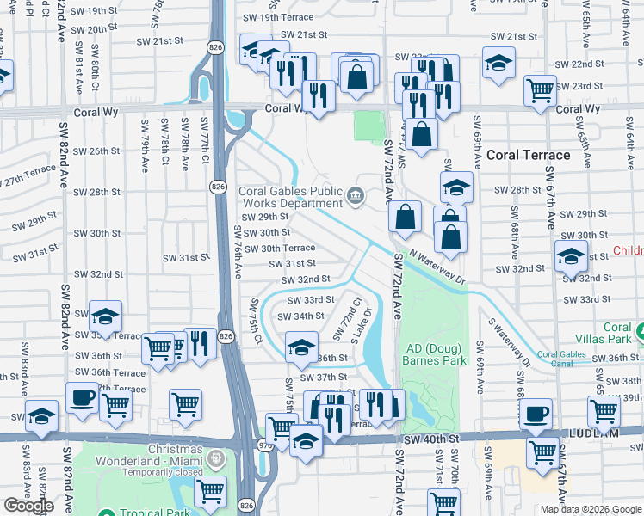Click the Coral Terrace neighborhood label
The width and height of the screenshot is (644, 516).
coord(528,155)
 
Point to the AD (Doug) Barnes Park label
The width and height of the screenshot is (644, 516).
coord(433,354)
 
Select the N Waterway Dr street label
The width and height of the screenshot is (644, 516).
coord(437,267)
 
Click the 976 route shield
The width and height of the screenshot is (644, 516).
coord(265,445)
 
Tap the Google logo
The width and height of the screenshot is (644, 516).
coord(28,506)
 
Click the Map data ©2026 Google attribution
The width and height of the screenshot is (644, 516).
coord(590,509)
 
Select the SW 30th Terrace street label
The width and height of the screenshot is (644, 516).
coord(280,248)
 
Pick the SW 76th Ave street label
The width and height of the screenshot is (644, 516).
coord(238,252)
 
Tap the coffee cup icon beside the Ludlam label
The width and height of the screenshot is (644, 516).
coord(536,414)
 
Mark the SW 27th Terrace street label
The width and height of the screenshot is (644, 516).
coord(27,177)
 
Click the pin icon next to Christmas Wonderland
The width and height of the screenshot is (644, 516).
coord(218,460)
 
